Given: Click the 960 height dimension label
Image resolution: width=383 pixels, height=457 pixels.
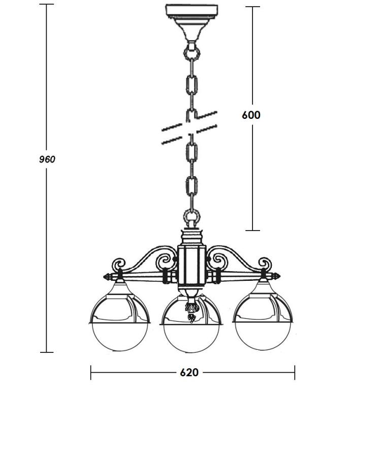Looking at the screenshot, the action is tap(47, 159).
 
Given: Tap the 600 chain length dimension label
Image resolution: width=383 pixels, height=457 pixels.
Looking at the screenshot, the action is tap(251, 115).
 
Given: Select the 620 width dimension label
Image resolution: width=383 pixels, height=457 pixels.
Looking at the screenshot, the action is tap(189, 373).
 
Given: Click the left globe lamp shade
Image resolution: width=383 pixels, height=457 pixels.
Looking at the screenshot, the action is tap(119, 322).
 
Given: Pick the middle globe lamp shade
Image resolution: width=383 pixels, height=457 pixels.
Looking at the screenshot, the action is tap(191, 324).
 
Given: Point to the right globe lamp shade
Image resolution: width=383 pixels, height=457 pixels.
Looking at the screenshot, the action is tap(263, 322).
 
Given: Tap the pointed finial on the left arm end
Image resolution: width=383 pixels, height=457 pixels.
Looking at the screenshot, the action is tap(108, 276).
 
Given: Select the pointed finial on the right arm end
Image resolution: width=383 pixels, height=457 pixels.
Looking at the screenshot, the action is tap(275, 276).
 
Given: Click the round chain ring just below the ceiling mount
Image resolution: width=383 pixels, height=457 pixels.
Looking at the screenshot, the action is tap(191, 53).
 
